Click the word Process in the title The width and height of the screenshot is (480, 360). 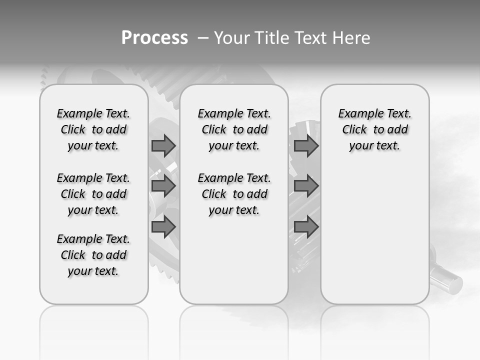pos(154,38)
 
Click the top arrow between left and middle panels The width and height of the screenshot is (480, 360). pos(163,146)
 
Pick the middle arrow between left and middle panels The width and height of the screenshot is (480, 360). pos(163,186)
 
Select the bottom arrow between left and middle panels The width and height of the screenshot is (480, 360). pos(163,227)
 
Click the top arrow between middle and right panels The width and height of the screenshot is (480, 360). pos(306,146)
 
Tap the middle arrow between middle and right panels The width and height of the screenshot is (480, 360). pos(306,186)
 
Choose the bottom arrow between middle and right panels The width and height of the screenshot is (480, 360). pos(306,227)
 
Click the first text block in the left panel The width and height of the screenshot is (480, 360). pos(93,129)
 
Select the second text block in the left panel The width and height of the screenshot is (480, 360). pos(93,194)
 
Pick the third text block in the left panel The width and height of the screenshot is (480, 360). pos(93,255)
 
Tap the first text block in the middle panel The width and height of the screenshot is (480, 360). pos(234,129)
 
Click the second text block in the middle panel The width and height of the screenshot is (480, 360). pos(234,194)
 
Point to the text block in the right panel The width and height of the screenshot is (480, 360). pos(374,129)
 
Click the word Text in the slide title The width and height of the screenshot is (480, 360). pos(311,38)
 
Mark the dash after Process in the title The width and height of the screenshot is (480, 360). pos(203,38)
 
